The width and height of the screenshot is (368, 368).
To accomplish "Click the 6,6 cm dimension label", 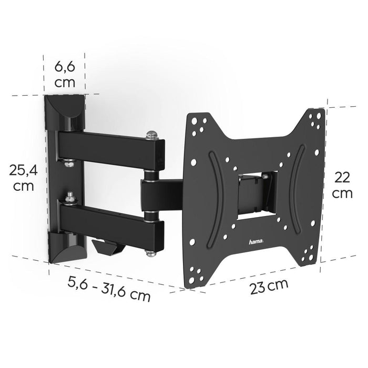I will click(66, 74).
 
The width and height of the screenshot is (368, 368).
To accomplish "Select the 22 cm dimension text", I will click(343, 185).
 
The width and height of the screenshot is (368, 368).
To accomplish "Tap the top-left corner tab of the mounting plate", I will click(197, 122).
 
